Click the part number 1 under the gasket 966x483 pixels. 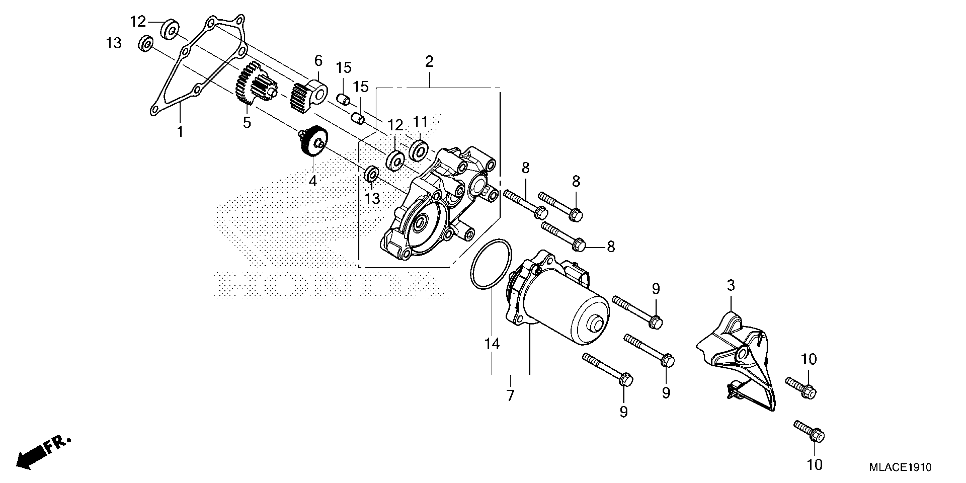pyautogui.click(x=180, y=132)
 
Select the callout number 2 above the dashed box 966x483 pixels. pyautogui.click(x=429, y=61)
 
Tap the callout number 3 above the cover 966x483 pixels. pyautogui.click(x=731, y=286)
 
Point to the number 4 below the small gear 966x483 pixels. pyautogui.click(x=313, y=181)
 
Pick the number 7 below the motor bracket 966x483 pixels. pyautogui.click(x=510, y=395)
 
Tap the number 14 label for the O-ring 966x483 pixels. pyautogui.click(x=492, y=343)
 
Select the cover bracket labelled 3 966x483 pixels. pyautogui.click(x=735, y=360)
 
